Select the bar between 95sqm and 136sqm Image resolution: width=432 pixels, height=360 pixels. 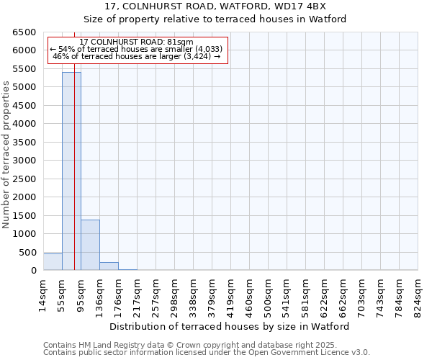pyautogui.click(x=90, y=245)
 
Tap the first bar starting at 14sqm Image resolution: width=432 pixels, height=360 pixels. pyautogui.click(x=53, y=262)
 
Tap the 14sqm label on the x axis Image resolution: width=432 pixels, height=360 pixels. pyautogui.click(x=43, y=293)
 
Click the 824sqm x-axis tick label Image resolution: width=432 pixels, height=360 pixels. pyautogui.click(x=418, y=293)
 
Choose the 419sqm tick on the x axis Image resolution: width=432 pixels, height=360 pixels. pyautogui.click(x=230, y=293)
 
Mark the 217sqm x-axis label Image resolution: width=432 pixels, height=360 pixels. pyautogui.click(x=137, y=293)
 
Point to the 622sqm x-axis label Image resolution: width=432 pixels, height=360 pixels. pyautogui.click(x=324, y=293)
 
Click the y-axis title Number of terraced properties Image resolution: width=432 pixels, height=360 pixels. pyautogui.click(x=6, y=154)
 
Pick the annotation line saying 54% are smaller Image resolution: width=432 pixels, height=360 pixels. pyautogui.click(x=136, y=49)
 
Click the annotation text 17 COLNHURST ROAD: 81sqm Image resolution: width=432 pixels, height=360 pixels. pyautogui.click(x=136, y=42)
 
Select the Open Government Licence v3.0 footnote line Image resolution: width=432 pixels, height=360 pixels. pyautogui.click(x=207, y=353)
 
